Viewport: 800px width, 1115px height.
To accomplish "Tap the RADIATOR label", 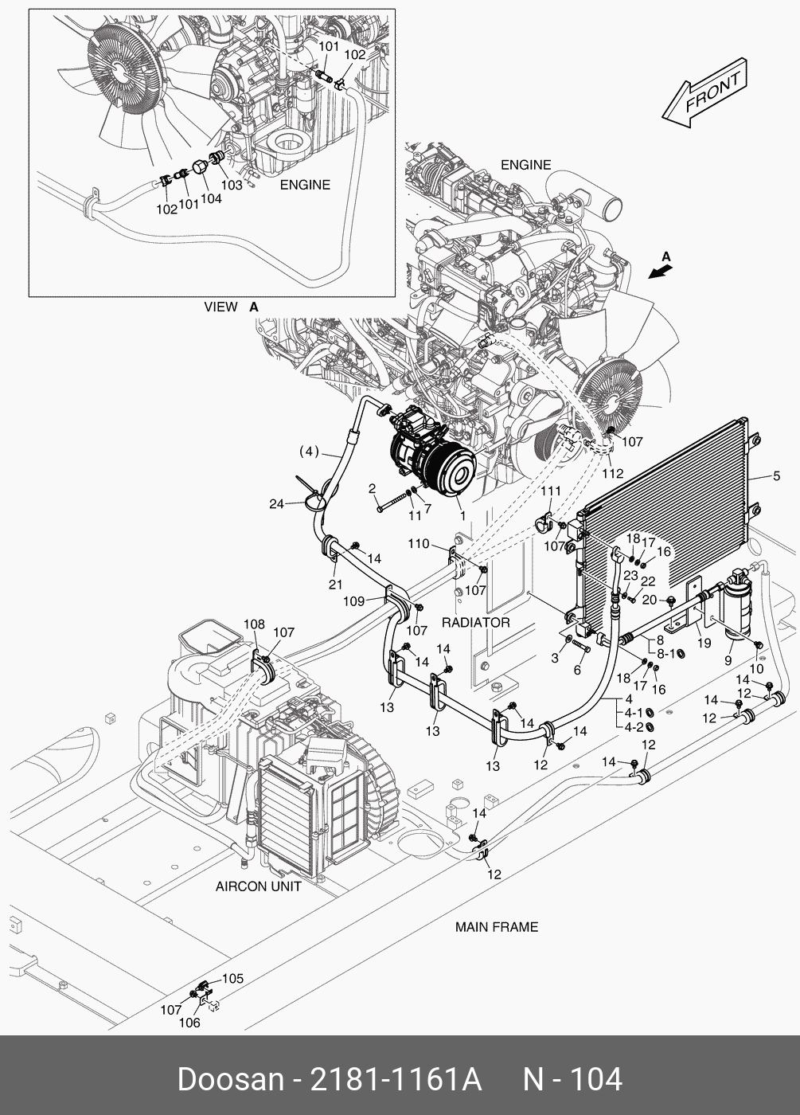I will tap(475, 622).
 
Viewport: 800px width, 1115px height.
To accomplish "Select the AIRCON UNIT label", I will tap(258, 886).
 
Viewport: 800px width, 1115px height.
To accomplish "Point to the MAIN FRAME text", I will tap(496, 927).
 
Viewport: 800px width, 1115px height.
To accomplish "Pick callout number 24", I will tap(276, 503).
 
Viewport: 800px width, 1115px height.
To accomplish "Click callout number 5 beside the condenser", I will tap(776, 477).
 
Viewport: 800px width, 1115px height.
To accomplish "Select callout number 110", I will tap(419, 545).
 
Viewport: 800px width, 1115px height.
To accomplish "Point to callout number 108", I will tap(254, 624).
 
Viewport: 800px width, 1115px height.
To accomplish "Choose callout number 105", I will tap(232, 979).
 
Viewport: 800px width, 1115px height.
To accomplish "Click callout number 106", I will tap(189, 1023).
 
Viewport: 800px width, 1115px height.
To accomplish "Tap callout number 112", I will tap(612, 473).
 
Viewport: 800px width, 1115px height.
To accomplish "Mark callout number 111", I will tap(551, 491).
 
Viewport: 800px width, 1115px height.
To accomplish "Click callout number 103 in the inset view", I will tap(232, 185).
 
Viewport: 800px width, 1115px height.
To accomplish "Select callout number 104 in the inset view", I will tap(210, 199).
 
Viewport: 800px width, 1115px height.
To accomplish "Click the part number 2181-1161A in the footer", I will tap(396, 1080).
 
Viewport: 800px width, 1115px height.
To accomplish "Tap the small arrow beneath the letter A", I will tap(660, 272).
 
